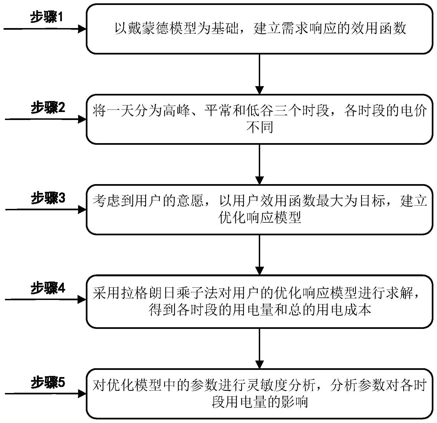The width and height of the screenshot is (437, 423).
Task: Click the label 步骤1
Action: [47, 18]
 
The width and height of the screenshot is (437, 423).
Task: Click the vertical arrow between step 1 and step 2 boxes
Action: [260, 74]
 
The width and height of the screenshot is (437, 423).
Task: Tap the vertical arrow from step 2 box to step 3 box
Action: [260, 164]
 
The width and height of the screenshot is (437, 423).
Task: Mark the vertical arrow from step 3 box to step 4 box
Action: [260, 255]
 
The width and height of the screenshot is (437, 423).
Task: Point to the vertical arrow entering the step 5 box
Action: [260, 348]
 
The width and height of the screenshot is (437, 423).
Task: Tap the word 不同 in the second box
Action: [260, 127]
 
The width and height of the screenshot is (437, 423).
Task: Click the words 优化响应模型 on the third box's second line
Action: [260, 218]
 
